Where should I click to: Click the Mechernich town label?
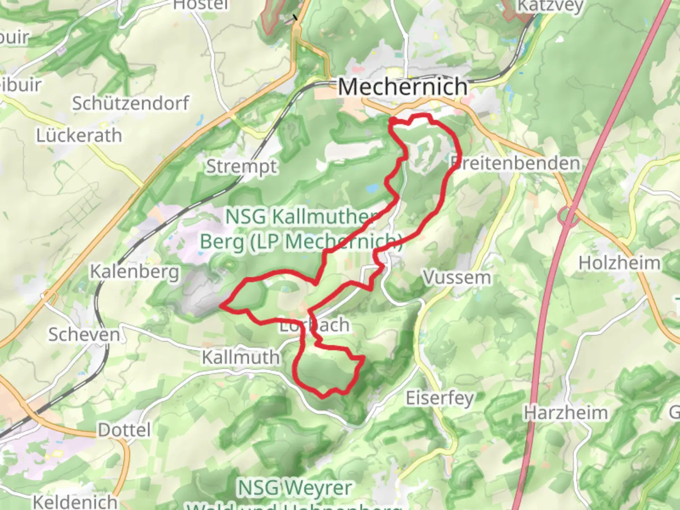coord(403,87)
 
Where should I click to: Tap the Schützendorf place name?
coord(130,103)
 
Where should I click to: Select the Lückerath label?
coord(79,136)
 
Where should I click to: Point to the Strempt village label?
coord(241,167)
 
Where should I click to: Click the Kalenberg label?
coord(135,272)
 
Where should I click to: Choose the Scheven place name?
coord(85,334)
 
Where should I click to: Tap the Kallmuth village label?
coord(241,357)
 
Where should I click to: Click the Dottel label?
coord(124,430)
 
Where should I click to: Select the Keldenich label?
coord(75,501)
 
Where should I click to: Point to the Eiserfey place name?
coord(440,398)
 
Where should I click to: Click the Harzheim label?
coord(566,413)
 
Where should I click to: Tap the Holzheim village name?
coord(620,263)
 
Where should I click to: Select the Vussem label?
coord(457,277)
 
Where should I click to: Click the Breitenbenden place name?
coord(515,163)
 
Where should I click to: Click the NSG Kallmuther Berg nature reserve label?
coord(301,229)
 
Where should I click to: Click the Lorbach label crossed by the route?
coord(314,325)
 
